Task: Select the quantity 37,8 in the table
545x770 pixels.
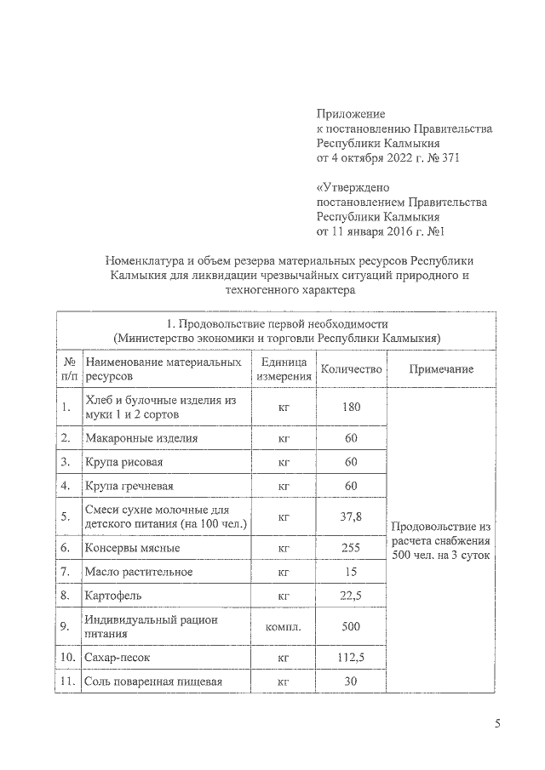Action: pos(351,516)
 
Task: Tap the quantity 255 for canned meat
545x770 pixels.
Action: pos(351,548)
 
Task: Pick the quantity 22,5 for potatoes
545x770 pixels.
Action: pos(351,596)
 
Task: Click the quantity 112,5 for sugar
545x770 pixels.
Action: pos(351,658)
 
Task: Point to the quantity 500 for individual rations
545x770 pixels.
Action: pos(351,627)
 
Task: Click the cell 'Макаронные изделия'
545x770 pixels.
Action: pos(141,438)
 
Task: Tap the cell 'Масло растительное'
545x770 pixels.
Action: pos(139,571)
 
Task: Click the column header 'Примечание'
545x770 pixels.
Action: pos(441,369)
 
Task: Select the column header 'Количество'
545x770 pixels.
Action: pos(351,369)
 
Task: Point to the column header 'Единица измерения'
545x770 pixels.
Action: pos(284,369)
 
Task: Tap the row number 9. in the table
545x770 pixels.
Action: pos(66,627)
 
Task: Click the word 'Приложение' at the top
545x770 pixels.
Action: pos(351,113)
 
